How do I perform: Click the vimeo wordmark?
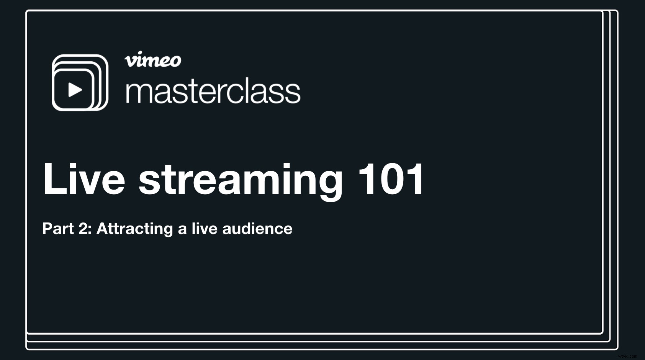pos(153,60)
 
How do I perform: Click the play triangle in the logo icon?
pos(75,90)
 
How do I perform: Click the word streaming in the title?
pos(240,180)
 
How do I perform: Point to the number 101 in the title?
pos(391,179)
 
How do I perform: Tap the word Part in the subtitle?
pos(58,229)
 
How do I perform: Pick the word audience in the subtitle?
pos(257,229)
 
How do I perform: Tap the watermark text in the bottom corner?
pos(627,356)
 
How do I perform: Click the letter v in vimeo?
pos(130,61)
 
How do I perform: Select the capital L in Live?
pos(54,179)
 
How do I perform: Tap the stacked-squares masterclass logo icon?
pos(80,83)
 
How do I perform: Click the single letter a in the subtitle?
pos(182,230)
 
